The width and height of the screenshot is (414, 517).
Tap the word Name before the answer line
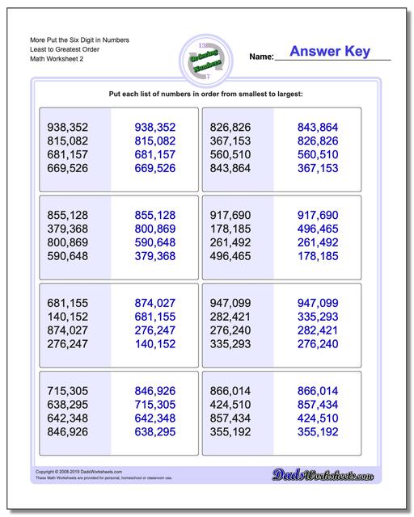pos(261,57)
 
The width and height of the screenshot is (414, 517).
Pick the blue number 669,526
pos(154,168)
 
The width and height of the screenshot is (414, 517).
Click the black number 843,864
pos(236,168)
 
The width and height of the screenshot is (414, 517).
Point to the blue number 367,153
pos(318,168)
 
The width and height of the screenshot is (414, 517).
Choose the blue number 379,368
pos(154,257)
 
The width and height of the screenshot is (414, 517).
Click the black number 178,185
pos(236,229)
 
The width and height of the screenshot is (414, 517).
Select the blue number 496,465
pos(318,229)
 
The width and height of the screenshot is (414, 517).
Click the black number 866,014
pos(236,393)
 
